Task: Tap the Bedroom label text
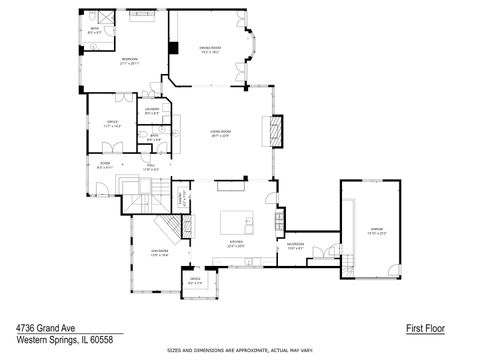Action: tap(130, 60)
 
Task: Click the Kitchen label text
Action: tap(236, 242)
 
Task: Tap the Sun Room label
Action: tap(159, 252)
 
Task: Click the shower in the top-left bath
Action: tap(104, 19)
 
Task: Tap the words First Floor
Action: tap(425, 328)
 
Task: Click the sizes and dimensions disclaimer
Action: tap(240, 351)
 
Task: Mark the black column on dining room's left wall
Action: tap(173, 48)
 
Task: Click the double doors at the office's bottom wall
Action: tap(111, 148)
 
